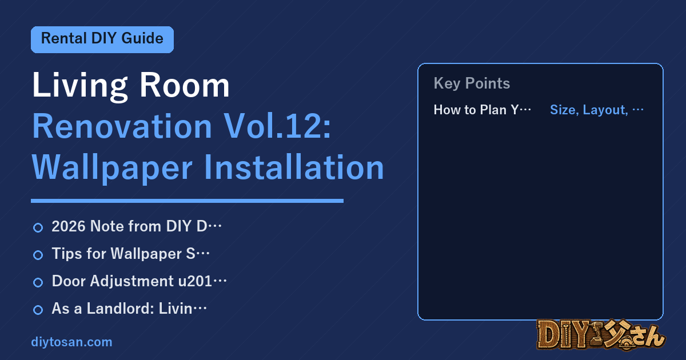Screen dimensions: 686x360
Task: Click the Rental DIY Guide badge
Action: coord(102,39)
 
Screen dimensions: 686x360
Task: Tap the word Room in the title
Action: coord(185,85)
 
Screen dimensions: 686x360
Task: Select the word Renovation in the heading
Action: coord(122,126)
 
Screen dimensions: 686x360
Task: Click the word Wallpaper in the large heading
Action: coord(112,169)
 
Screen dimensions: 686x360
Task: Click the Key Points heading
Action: coord(472,83)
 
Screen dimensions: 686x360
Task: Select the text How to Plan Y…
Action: coord(482,110)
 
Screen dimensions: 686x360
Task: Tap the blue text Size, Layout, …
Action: coord(597,110)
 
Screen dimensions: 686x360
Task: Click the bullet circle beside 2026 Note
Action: coord(38,227)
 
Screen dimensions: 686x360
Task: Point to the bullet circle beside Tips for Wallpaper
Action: coord(38,255)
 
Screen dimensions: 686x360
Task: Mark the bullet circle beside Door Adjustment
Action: coord(38,282)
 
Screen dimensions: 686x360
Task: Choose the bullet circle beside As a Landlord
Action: coord(38,310)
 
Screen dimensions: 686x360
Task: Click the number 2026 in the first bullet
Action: coord(69,226)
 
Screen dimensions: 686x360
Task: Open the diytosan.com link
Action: coord(71,342)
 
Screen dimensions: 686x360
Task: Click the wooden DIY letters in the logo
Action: coord(564,335)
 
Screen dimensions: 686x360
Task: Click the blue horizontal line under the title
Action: coord(187,201)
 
